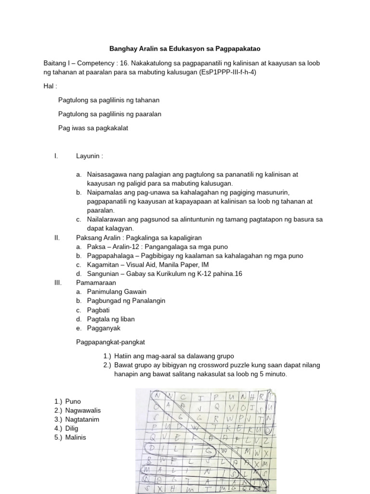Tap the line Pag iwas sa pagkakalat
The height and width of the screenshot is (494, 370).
[93, 128]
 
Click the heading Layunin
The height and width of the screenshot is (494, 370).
[89, 156]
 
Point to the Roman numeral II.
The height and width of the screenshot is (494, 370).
[57, 237]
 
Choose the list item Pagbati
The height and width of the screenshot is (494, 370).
[98, 310]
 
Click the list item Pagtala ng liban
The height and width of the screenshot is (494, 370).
[111, 319]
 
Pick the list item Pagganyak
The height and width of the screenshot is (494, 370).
[104, 328]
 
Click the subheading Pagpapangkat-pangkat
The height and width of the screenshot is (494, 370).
[111, 342]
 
